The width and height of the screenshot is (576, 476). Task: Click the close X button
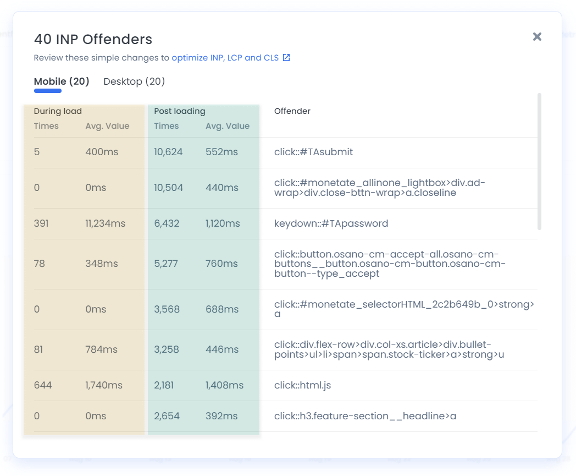(x=537, y=37)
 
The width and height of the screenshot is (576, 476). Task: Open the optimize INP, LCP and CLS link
(x=225, y=58)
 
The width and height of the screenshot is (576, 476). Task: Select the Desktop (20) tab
(x=134, y=81)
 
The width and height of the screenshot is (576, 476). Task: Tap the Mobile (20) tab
(x=62, y=81)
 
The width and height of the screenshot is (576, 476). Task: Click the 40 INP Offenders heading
(x=93, y=39)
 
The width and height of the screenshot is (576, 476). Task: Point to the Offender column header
(x=292, y=111)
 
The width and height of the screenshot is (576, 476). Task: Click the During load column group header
(x=58, y=111)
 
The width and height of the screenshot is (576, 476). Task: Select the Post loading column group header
(x=179, y=111)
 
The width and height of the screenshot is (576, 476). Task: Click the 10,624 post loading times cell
(x=168, y=152)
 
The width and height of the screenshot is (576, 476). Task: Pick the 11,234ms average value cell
(x=105, y=223)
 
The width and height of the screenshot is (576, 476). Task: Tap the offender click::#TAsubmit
(x=313, y=152)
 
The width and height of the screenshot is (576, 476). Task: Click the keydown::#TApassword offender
(x=331, y=223)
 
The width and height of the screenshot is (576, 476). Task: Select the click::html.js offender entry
(x=302, y=385)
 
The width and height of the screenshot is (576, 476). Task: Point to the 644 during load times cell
(x=43, y=385)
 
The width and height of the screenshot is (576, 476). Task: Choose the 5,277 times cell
(x=166, y=264)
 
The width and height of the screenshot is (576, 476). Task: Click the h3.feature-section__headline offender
(x=365, y=416)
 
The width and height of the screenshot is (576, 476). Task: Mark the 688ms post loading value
(x=222, y=309)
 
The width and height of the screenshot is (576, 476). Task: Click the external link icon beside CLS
(x=286, y=58)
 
